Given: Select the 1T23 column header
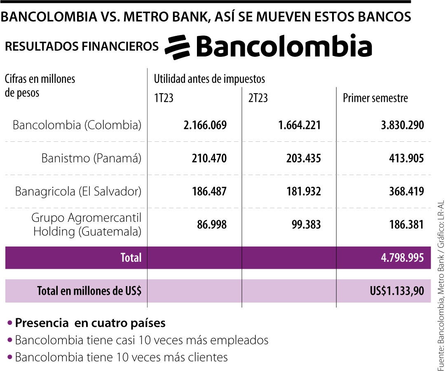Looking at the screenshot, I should click(164, 99).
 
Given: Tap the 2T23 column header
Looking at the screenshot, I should click(258, 99).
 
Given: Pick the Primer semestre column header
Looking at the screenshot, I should click(375, 99).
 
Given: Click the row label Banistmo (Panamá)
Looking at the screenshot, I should click(91, 158).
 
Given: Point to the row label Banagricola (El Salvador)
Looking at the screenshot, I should click(78, 191).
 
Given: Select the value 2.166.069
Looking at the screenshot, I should click(205, 125).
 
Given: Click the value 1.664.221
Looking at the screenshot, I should click(300, 125).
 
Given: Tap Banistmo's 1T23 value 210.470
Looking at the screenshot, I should click(209, 158).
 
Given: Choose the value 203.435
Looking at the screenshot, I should click(303, 158).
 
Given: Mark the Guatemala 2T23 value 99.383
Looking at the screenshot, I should click(305, 225).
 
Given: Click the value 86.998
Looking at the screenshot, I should click(211, 225).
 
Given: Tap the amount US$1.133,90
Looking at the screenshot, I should click(397, 291).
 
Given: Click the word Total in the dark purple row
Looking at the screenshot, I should click(131, 258).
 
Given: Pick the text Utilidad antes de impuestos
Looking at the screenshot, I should click(209, 78).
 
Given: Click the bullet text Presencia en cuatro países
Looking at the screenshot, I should click(90, 323).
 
